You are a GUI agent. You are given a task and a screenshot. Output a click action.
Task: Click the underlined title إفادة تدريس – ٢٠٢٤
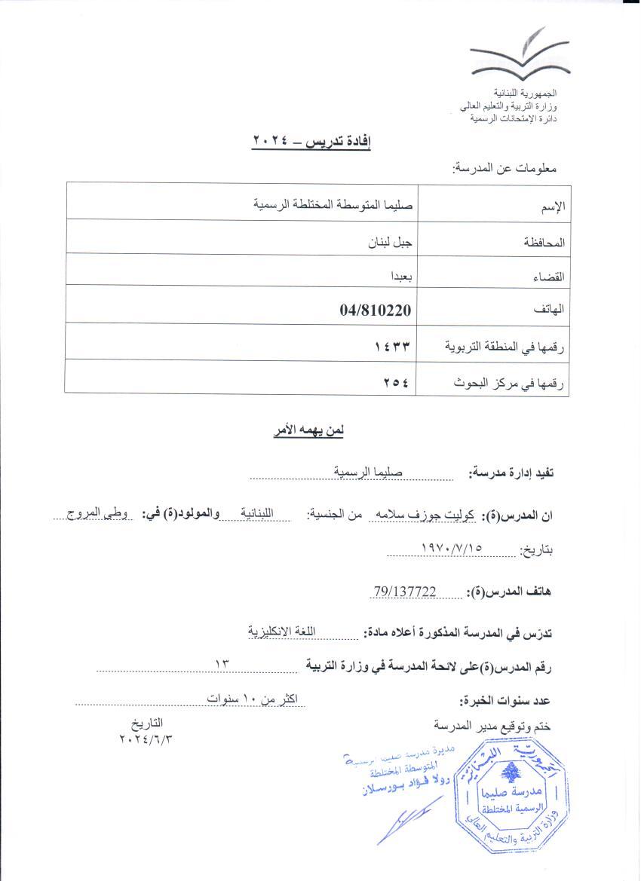311,141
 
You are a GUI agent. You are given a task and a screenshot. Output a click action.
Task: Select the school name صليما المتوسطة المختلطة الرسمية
336,203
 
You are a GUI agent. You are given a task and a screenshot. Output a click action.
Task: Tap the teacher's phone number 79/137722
405,592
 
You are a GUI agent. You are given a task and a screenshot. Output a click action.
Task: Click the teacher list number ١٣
222,664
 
